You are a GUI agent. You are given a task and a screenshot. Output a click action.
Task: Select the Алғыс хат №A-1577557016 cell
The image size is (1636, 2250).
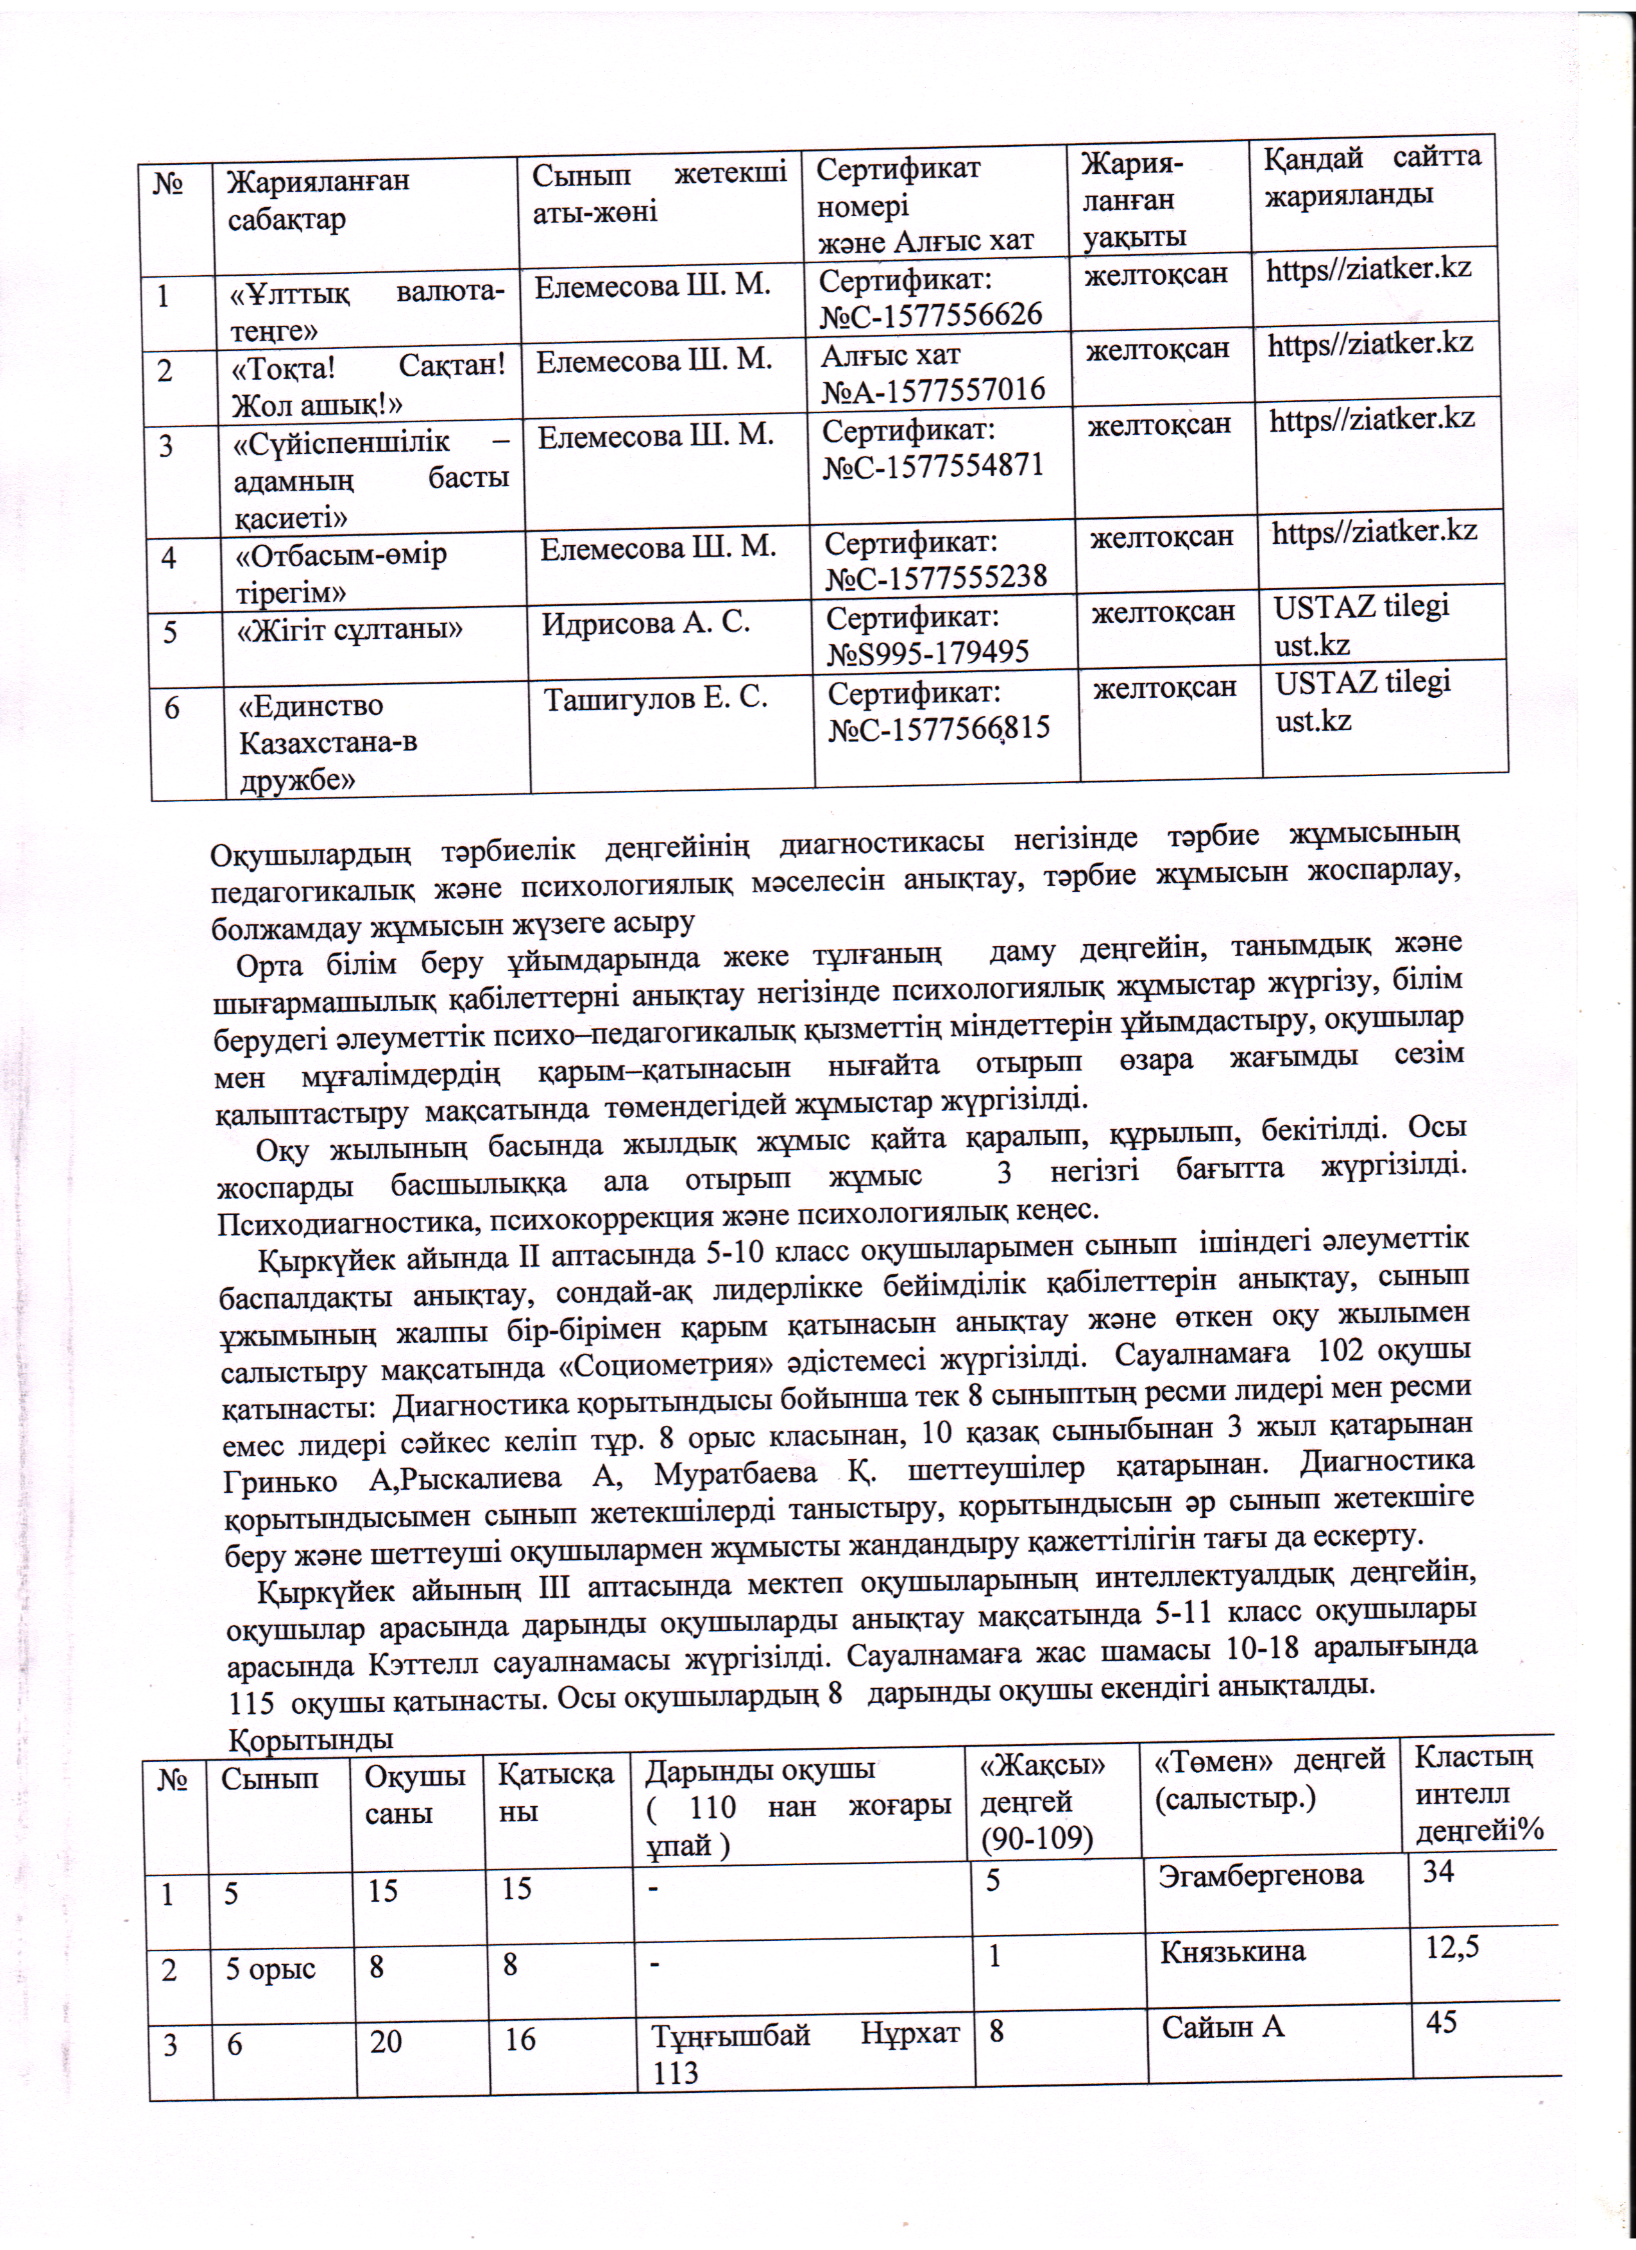933,372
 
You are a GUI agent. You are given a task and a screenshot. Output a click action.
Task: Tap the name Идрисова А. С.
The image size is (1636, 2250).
645,623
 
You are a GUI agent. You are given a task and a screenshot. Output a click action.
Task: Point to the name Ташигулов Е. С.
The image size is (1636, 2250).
655,699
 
